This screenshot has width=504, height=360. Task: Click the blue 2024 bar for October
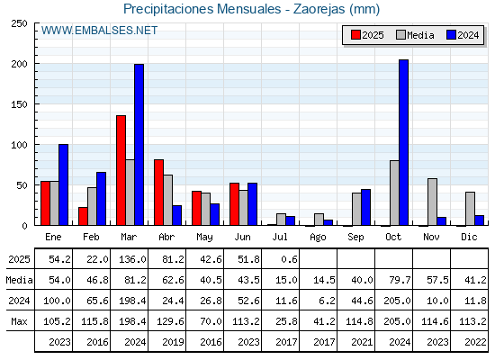(x=404, y=142)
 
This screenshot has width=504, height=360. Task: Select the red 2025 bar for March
(x=121, y=170)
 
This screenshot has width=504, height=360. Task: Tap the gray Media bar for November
(x=432, y=202)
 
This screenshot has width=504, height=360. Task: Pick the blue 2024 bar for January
(x=63, y=184)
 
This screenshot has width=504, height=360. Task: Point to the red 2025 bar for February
(x=83, y=216)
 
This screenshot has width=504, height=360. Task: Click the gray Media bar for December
(x=470, y=209)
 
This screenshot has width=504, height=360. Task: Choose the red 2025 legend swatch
(x=355, y=35)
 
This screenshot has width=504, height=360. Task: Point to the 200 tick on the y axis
(x=36, y=64)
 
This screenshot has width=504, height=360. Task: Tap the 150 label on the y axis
(x=19, y=104)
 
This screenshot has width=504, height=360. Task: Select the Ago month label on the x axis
(x=318, y=238)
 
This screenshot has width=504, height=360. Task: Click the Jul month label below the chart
(x=280, y=237)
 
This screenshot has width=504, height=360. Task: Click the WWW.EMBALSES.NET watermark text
(x=99, y=31)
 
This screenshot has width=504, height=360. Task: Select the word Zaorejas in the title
(x=319, y=9)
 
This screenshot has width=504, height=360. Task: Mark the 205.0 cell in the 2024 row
(x=397, y=301)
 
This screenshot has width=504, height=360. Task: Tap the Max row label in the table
(x=19, y=321)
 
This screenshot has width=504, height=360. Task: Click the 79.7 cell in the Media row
(x=400, y=280)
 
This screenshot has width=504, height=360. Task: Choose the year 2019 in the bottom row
(x=173, y=342)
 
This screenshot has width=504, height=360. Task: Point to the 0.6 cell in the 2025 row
(x=289, y=259)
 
